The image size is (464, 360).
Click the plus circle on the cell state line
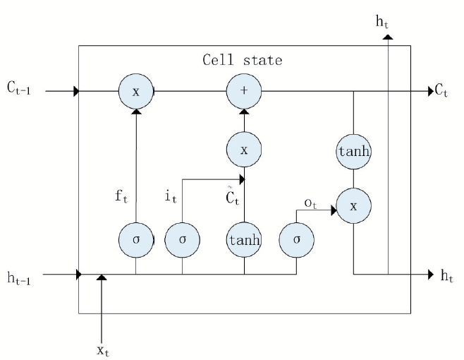point(244,91)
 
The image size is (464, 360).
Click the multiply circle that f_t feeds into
point(136,91)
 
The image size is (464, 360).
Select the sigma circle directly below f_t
point(136,240)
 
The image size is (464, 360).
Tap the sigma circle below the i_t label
point(182,240)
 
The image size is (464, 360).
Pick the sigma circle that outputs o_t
point(296,240)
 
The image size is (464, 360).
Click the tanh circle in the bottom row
point(244,240)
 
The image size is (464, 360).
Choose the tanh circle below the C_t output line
point(353,152)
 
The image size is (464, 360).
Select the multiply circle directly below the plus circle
point(244,150)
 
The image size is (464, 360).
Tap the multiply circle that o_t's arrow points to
point(353,205)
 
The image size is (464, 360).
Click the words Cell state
point(243,60)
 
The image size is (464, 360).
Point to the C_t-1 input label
point(18,88)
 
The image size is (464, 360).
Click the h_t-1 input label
point(19,278)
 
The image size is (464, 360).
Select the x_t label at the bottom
point(103,351)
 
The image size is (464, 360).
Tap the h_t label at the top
point(382,22)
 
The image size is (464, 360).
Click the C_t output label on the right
point(441,90)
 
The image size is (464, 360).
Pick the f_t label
point(121,196)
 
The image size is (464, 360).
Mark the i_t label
point(171,197)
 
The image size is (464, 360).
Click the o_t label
point(310,203)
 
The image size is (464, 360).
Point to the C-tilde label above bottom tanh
point(232,196)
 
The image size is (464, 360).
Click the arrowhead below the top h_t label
point(388,37)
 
